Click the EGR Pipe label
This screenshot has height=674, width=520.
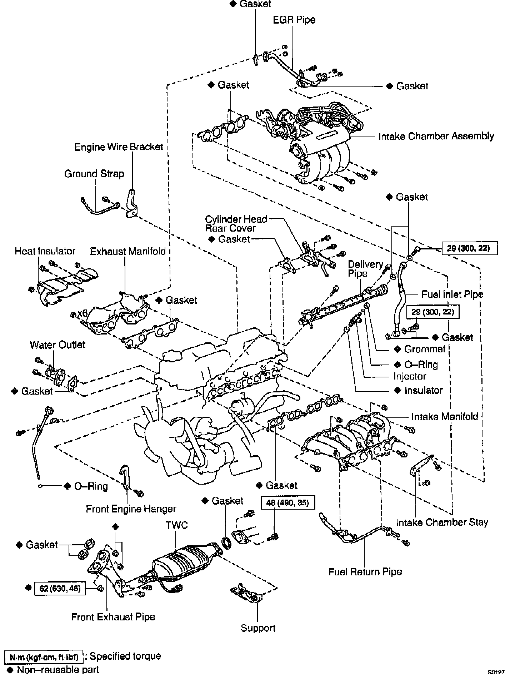pos(294,20)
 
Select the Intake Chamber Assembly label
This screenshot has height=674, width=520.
pos(436,136)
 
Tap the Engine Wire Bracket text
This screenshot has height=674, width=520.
pos(119,147)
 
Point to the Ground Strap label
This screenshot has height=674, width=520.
pos(94,174)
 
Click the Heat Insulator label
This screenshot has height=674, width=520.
pos(45,251)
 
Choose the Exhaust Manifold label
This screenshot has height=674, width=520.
pos(128,252)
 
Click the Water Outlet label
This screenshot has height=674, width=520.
pos(57,345)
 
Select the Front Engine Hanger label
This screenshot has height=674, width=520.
pos(131,509)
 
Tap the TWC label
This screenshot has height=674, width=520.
pos(176,525)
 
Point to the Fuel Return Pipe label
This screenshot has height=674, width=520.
pos(365,572)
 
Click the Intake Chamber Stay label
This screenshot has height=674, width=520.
pos(442,522)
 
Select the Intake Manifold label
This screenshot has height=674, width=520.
pos(445,417)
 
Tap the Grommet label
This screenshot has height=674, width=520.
pos(425,349)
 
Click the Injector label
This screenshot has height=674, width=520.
pos(410,376)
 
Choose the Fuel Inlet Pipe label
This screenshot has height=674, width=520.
pos(452,294)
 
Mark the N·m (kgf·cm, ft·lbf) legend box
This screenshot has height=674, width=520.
pos(44,656)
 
